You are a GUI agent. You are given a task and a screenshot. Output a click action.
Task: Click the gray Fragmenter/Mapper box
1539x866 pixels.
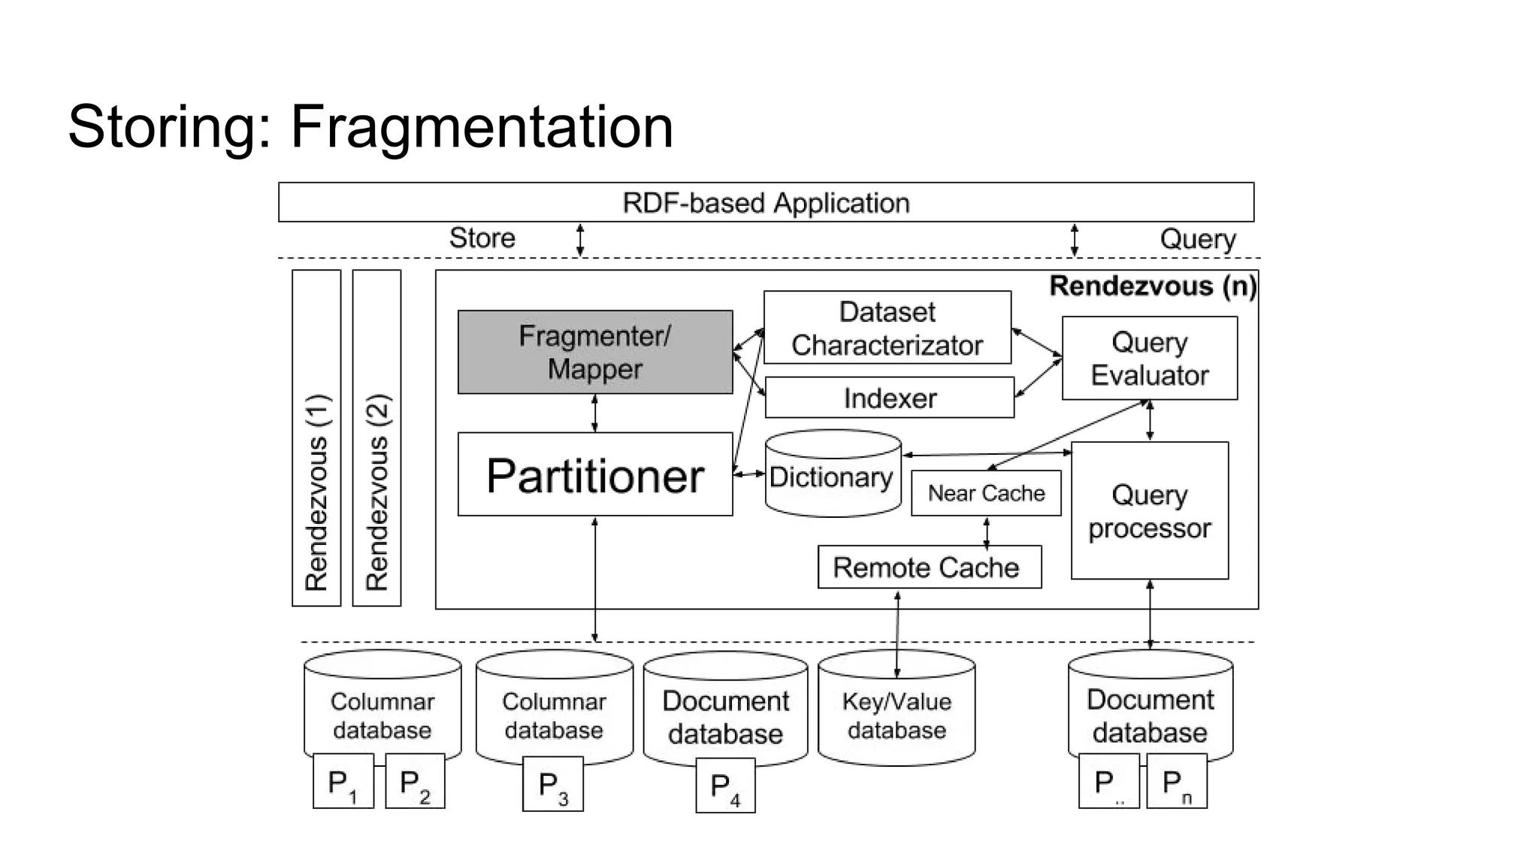[594, 352]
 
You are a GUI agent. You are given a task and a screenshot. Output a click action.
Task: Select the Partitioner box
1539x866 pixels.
[594, 474]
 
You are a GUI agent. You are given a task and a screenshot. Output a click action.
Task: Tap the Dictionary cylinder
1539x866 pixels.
[832, 477]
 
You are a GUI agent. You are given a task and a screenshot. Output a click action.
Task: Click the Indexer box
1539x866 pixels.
[889, 398]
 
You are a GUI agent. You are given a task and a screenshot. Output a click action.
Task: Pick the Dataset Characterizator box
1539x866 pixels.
[887, 329]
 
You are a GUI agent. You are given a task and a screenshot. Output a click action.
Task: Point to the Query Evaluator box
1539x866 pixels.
[1149, 358]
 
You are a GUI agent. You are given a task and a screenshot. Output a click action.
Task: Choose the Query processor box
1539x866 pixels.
[1149, 510]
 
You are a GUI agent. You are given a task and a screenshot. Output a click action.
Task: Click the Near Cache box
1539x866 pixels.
[985, 493]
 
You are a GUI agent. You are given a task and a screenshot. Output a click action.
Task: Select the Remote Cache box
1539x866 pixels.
[929, 567]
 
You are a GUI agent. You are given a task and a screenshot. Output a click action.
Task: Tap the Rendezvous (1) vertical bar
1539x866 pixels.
[316, 438]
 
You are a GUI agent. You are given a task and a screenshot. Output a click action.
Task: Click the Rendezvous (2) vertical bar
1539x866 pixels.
[376, 438]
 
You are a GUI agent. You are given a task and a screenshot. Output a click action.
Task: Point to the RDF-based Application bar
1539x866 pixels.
[765, 202]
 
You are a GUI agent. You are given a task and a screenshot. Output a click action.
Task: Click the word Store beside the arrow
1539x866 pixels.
[482, 238]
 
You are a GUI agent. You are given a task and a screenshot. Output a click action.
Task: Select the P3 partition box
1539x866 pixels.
[552, 785]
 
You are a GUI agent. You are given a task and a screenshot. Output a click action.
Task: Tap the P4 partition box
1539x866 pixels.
[724, 786]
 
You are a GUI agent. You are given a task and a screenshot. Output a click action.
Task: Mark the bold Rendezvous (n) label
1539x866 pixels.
[1152, 286]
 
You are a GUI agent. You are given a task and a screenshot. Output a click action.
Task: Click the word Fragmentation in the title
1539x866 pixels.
[482, 126]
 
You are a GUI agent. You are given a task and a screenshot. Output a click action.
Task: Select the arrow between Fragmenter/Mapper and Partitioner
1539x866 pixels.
[594, 413]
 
